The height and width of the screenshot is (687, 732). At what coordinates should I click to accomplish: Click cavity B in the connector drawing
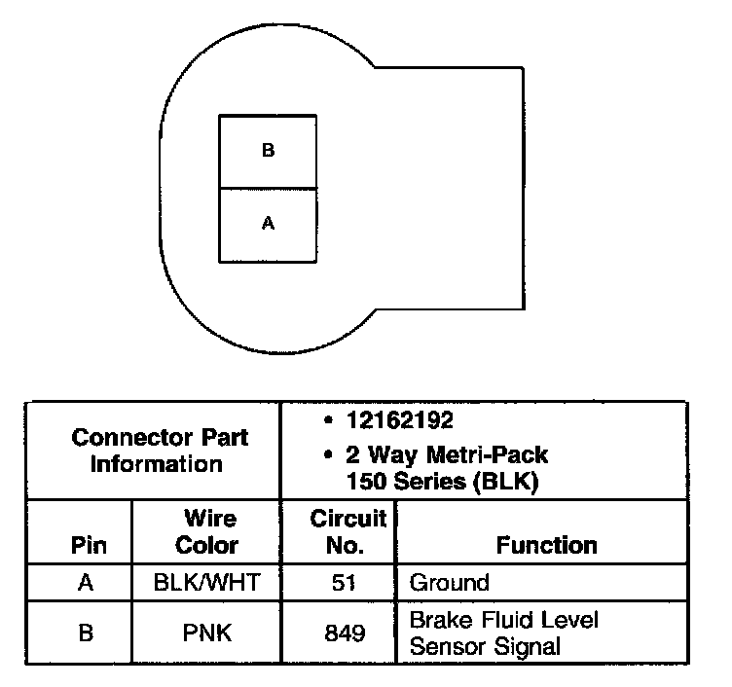pos(269,151)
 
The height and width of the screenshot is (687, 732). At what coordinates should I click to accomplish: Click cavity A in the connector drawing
pos(269,224)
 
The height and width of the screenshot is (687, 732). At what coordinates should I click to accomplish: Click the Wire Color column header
pos(207,531)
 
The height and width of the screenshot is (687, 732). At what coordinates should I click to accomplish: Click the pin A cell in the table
pos(86,583)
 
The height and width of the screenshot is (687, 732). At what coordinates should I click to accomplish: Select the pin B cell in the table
pos(86,633)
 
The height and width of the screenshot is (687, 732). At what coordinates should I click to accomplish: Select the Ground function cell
pos(449,583)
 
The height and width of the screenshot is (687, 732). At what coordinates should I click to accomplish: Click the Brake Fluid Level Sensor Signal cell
pos(503,633)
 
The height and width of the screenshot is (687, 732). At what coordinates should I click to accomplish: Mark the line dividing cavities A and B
pos(269,188)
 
